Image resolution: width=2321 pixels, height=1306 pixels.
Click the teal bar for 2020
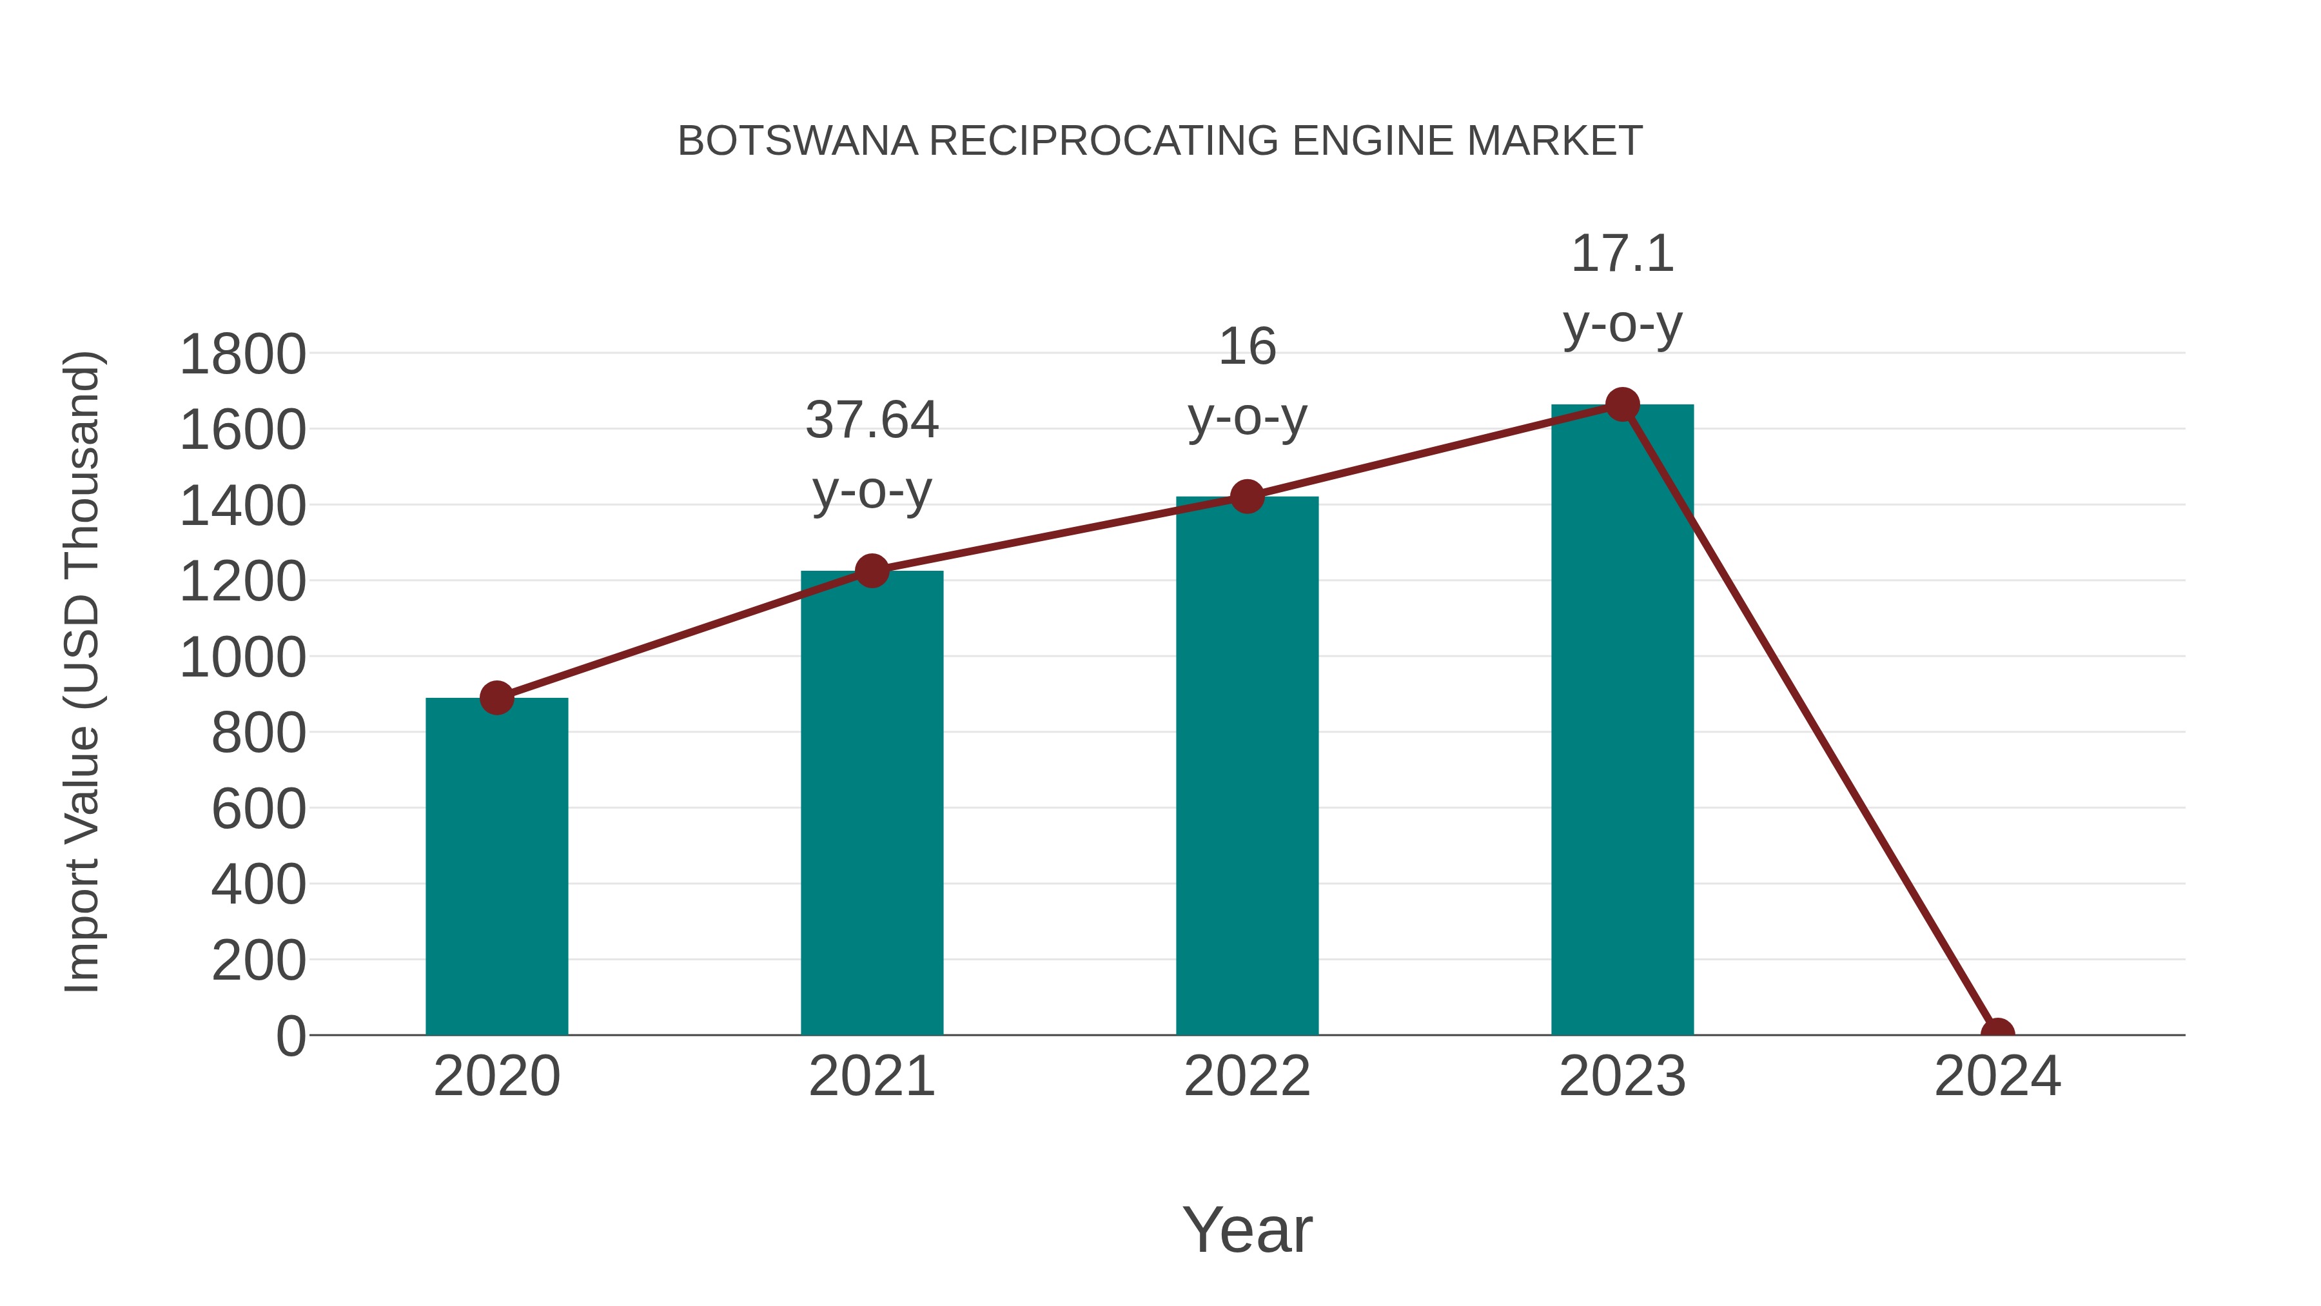pyautogui.click(x=496, y=866)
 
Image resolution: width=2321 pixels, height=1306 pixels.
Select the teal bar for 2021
pyautogui.click(x=871, y=802)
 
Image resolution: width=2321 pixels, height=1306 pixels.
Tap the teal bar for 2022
pyautogui.click(x=1246, y=766)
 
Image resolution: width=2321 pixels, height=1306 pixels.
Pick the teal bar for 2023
pyautogui.click(x=1622, y=721)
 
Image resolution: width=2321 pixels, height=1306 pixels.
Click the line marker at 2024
pyautogui.click(x=1997, y=1033)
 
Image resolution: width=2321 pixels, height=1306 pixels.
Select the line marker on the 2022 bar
pyautogui.click(x=1246, y=496)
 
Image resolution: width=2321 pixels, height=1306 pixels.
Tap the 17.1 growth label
pyautogui.click(x=1622, y=288)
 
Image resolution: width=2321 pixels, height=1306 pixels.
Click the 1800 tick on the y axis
pyautogui.click(x=242, y=354)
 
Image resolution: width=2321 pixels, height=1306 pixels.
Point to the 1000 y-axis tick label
pyautogui.click(x=242, y=657)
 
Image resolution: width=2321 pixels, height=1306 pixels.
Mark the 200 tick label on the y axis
pyautogui.click(x=258, y=961)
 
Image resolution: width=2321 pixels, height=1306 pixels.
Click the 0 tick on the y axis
pyautogui.click(x=290, y=1036)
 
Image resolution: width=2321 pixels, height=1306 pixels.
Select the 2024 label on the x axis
pyautogui.click(x=1997, y=1076)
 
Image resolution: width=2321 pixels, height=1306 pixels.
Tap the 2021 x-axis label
pyautogui.click(x=871, y=1076)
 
